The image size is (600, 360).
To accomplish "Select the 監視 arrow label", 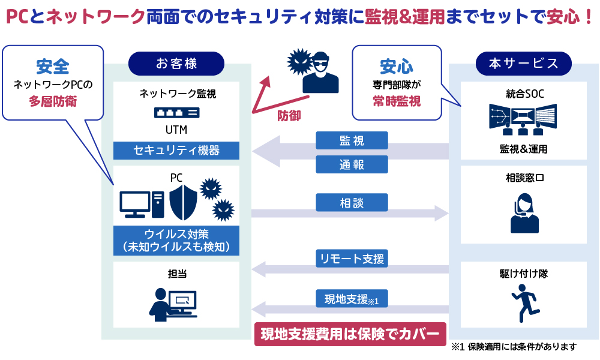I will click(x=352, y=141).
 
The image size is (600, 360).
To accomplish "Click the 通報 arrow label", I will click(x=352, y=164).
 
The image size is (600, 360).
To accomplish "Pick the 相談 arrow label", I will click(x=352, y=202).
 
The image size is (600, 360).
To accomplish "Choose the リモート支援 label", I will click(x=352, y=259).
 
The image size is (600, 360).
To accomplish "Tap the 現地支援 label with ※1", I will click(x=352, y=298).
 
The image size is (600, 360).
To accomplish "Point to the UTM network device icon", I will click(x=176, y=112).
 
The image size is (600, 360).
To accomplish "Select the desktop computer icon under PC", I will click(x=142, y=205).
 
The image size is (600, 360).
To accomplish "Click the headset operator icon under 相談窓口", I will click(x=524, y=212).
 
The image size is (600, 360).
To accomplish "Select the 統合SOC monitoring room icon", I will click(x=523, y=118).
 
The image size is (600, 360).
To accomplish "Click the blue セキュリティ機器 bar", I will click(x=176, y=151).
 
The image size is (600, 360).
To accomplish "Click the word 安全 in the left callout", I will click(x=53, y=64).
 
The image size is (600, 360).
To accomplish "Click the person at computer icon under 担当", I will click(x=173, y=304).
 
